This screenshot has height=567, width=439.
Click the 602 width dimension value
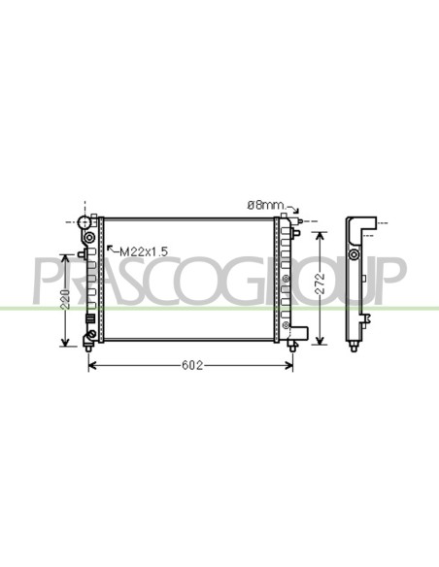(x=192, y=366)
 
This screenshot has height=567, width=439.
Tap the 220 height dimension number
(x=66, y=299)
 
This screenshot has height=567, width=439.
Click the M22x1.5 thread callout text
(x=144, y=251)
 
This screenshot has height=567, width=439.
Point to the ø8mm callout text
(x=266, y=206)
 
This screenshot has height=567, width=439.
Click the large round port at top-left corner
(x=84, y=221)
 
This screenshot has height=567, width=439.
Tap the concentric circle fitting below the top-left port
(x=89, y=238)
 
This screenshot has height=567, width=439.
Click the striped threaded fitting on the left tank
(x=90, y=318)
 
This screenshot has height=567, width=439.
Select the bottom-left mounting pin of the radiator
(x=88, y=349)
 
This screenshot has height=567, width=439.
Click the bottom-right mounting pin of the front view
(x=292, y=347)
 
